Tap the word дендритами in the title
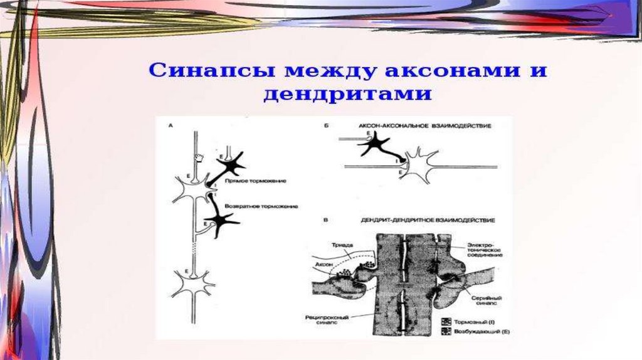(x=347, y=94)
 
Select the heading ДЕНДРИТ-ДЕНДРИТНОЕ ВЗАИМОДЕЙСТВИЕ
(x=427, y=221)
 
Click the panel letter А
(x=171, y=127)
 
